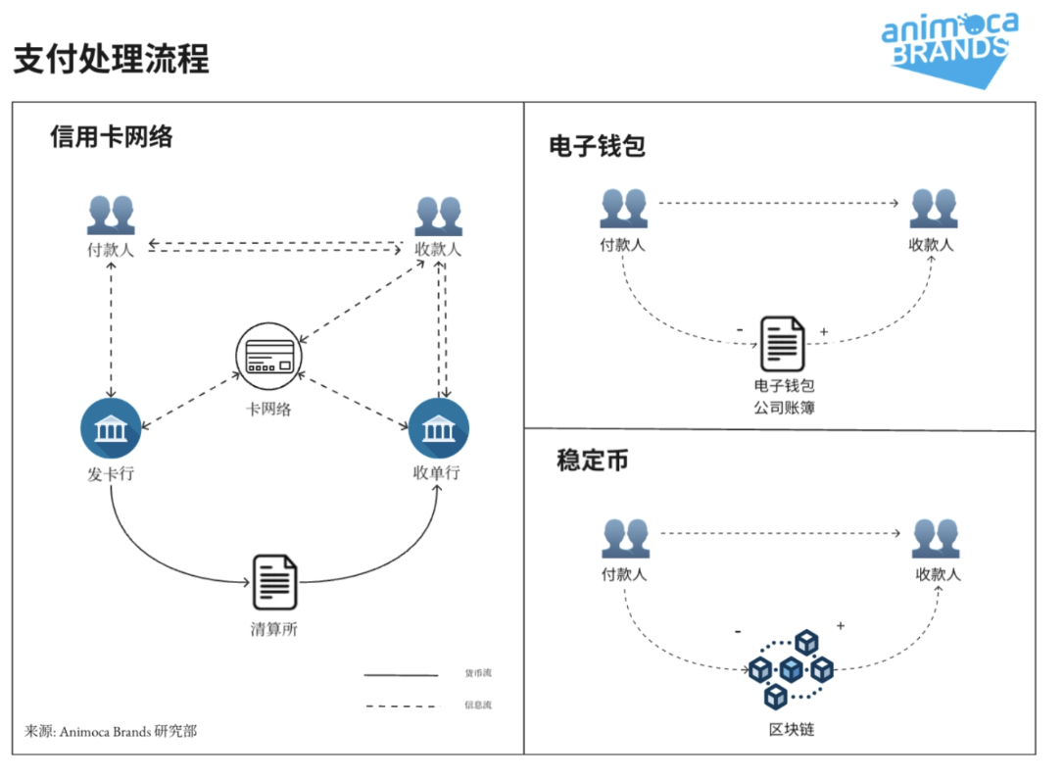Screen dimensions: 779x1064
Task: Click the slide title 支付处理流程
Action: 111,58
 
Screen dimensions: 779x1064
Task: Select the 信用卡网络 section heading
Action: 112,136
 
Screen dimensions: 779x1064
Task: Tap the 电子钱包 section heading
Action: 597,146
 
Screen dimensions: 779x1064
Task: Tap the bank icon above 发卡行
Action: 111,429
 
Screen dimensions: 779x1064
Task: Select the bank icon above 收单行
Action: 438,429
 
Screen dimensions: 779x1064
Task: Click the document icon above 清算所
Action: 275,582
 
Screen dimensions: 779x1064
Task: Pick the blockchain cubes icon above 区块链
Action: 791,669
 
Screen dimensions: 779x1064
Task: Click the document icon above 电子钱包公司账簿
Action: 783,343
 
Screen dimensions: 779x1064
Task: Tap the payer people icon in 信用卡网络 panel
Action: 110,215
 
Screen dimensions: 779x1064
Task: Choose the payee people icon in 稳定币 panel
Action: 936,539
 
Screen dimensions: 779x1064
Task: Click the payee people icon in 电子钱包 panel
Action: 933,208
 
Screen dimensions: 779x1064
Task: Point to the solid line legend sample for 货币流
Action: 401,674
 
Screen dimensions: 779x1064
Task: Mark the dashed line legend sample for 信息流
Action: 401,706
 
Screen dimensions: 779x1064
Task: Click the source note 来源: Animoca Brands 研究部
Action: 111,731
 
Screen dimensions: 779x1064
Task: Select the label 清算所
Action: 273,629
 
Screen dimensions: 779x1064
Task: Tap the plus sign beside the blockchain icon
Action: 841,625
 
